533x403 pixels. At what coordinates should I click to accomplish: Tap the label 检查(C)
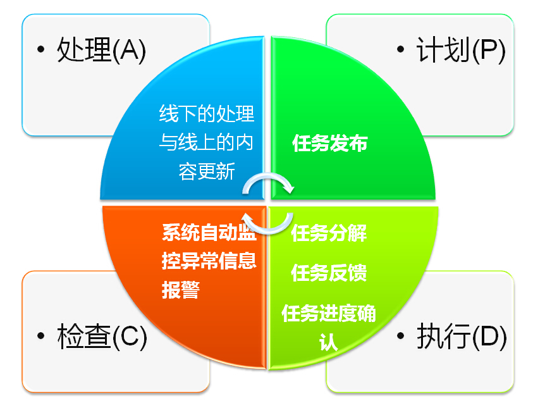click(102, 337)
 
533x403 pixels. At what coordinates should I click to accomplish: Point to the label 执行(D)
click(462, 337)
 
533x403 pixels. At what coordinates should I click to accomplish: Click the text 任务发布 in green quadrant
click(329, 143)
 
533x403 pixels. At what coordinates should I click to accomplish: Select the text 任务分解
click(329, 233)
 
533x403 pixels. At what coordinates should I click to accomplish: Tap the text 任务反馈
click(329, 273)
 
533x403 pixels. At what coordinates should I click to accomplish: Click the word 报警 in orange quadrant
click(181, 290)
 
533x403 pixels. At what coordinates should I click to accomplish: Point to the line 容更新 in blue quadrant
click(207, 171)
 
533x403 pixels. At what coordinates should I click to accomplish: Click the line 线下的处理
click(207, 113)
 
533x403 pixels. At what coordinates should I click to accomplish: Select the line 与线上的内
click(206, 142)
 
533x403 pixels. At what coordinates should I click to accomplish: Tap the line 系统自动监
click(209, 232)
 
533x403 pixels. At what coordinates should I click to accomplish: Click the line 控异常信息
click(209, 261)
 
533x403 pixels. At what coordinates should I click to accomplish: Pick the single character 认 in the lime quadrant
click(328, 342)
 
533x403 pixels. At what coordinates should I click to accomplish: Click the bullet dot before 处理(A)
click(41, 49)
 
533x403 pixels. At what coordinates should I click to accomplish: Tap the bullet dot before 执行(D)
click(401, 337)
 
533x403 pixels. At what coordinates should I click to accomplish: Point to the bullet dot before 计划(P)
click(401, 49)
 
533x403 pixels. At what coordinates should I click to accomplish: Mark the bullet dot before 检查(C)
click(41, 337)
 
